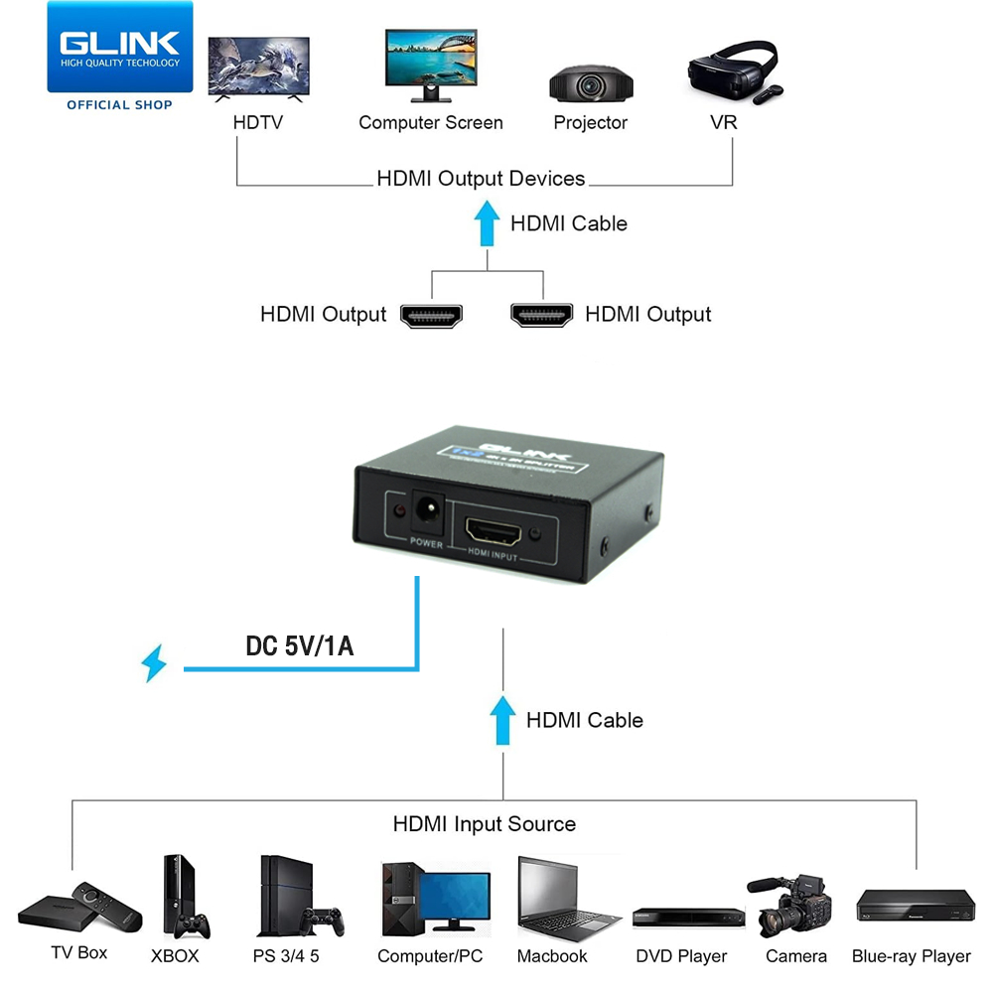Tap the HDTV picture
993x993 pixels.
click(x=258, y=70)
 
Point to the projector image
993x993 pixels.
click(x=590, y=84)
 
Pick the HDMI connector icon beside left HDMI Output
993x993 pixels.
click(x=432, y=315)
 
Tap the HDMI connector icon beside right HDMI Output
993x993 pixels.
click(x=542, y=315)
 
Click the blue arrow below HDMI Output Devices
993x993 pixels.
click(x=486, y=223)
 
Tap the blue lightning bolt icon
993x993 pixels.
click(x=154, y=663)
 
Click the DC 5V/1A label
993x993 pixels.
click(x=300, y=646)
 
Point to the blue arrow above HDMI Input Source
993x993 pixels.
click(x=503, y=719)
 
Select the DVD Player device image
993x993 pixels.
click(x=687, y=919)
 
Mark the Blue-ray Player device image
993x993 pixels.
click(x=915, y=907)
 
